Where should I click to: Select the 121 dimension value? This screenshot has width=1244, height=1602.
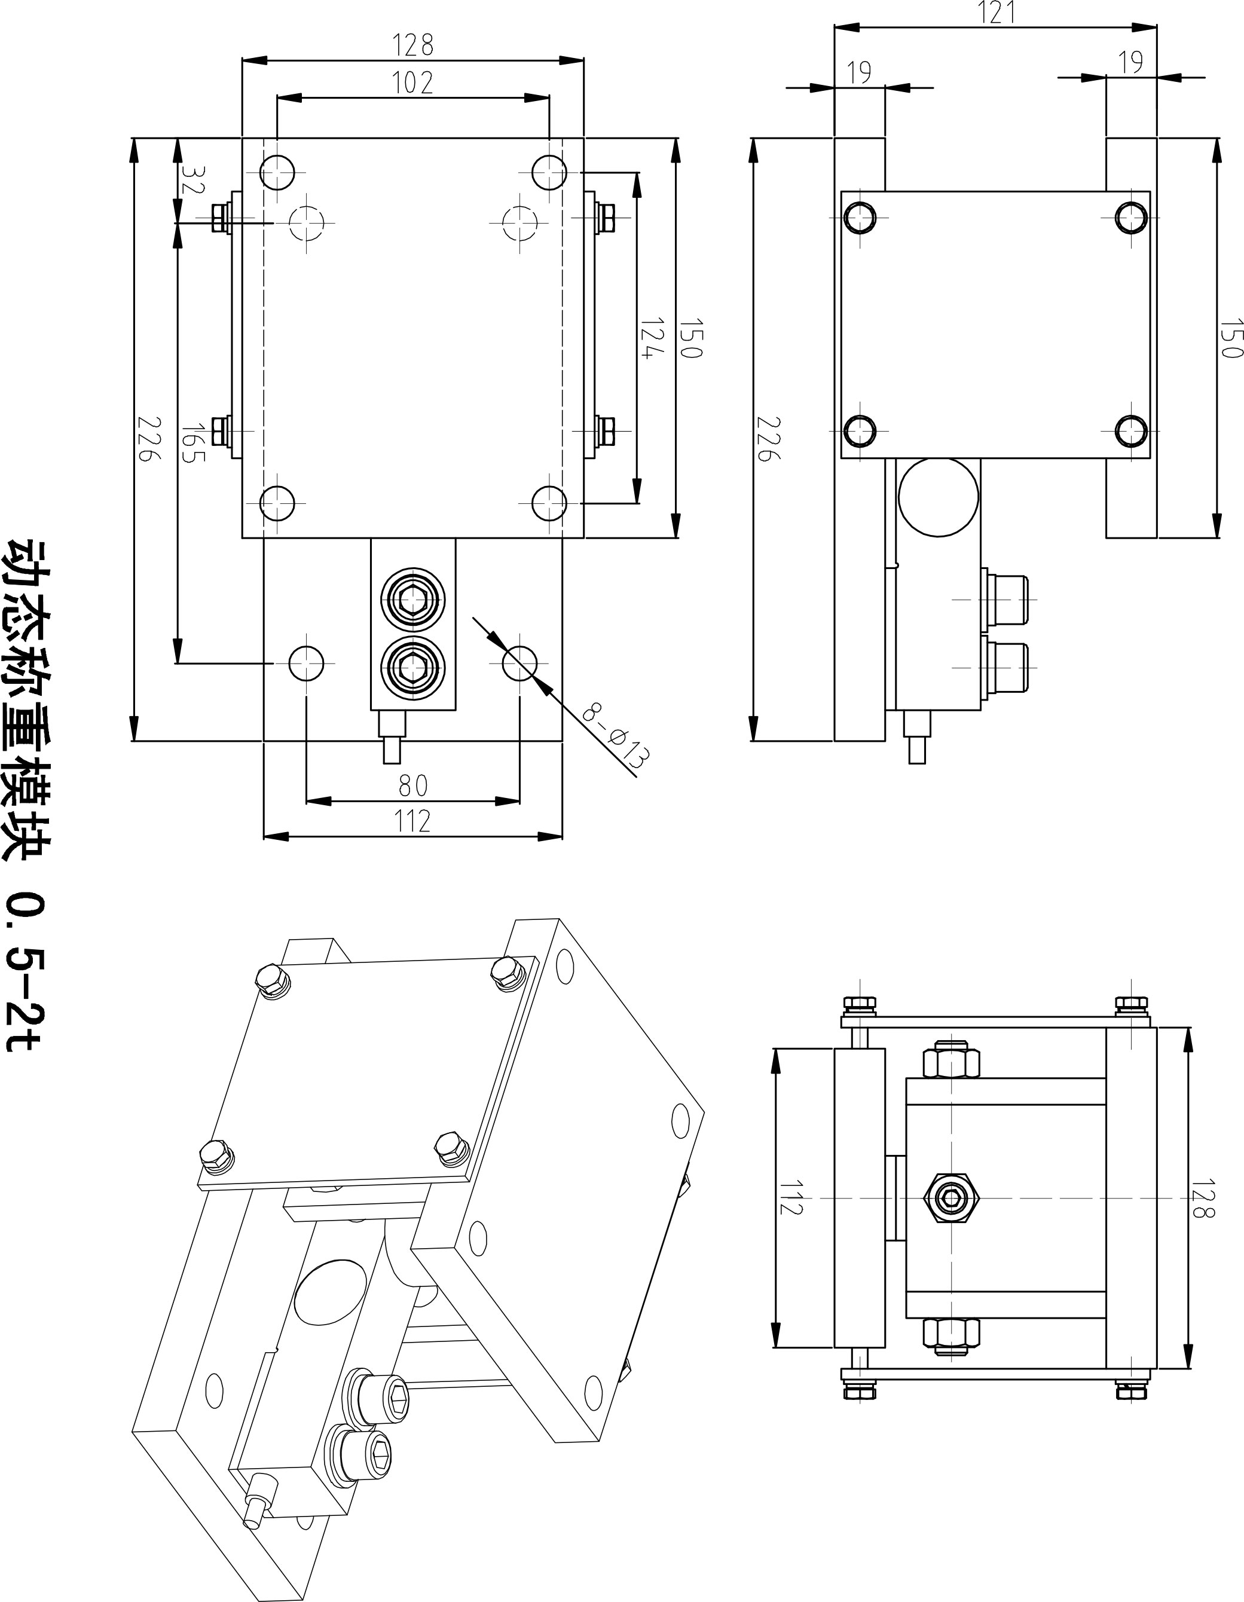click(995, 13)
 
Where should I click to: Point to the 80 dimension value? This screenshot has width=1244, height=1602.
click(413, 785)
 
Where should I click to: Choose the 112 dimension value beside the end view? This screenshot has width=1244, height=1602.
click(790, 1197)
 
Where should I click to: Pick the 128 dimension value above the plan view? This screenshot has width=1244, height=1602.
click(413, 46)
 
